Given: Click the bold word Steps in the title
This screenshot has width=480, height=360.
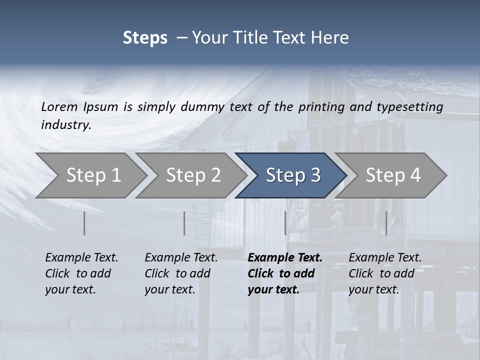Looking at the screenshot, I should coord(145,38).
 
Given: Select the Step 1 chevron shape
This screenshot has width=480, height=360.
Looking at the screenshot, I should coord(93,175).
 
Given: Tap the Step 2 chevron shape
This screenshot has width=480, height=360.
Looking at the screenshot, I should coord(193,175).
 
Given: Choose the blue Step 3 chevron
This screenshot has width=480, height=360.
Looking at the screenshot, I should coord(292,175).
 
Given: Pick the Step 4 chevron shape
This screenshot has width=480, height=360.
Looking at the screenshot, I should coord(392,175).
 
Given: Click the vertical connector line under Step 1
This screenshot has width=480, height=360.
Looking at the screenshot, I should coord(84,223).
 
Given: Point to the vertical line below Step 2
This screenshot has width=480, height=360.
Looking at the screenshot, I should coord(184,223).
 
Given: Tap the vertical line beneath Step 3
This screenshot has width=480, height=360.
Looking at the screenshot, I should coord(285,223).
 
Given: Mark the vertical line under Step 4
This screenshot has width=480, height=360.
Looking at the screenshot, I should coord(386,223).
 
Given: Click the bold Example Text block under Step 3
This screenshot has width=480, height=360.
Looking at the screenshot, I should coord(285,273).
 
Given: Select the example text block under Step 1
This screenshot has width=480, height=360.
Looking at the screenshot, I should coord(81,273).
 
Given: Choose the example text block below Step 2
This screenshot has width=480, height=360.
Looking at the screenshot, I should coord(181,273).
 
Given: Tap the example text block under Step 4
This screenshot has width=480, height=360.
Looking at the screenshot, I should coord(385,273).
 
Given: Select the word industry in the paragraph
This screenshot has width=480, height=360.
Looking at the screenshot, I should coord(65,124).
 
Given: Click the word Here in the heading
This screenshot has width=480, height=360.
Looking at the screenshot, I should coord(330,38).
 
